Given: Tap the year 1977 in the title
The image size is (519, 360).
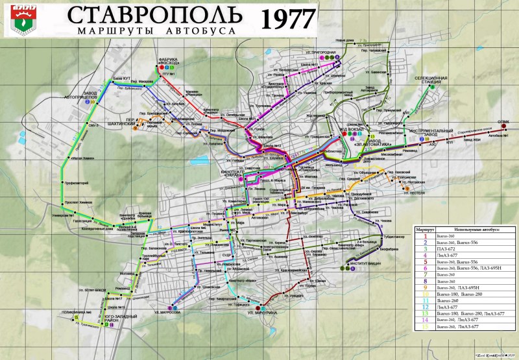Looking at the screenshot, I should [x=287, y=19].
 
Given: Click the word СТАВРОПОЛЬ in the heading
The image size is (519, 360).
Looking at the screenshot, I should [x=155, y=16].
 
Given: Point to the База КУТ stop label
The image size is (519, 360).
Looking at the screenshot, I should [x=122, y=78].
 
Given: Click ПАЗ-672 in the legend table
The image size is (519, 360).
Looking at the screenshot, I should [x=446, y=248].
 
